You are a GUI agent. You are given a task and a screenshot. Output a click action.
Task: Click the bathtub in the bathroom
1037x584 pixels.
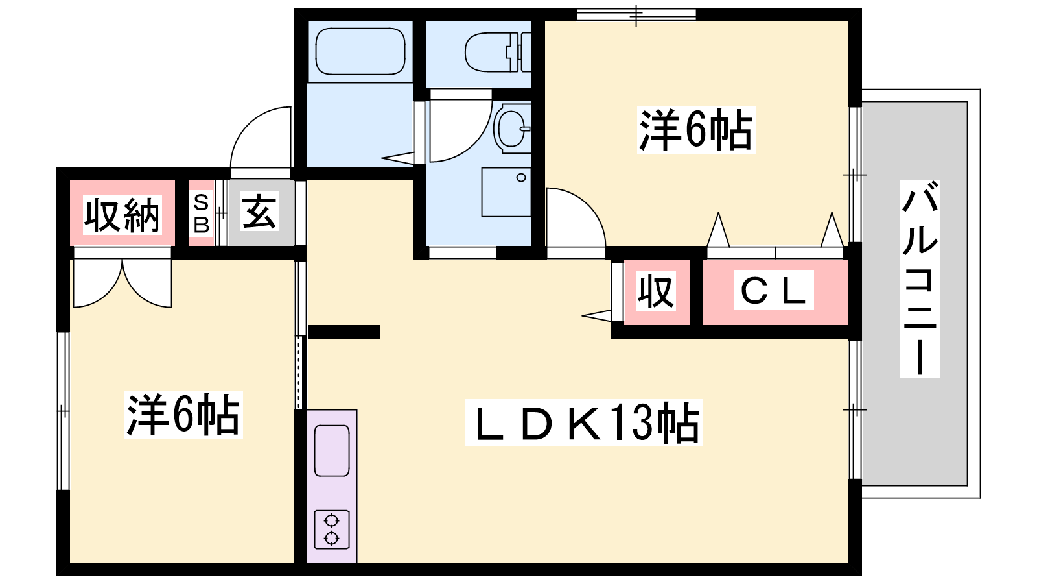coord(360,51)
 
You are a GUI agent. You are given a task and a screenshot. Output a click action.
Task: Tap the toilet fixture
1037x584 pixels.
coord(498,53)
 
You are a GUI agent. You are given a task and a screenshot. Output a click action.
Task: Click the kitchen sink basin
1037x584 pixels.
coord(331,450)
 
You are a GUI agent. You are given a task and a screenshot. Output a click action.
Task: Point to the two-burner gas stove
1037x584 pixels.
coord(331,529)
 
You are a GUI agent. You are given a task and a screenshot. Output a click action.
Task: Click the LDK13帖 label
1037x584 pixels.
coord(584,422)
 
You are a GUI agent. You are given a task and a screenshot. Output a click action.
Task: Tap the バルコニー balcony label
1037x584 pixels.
coord(920,278)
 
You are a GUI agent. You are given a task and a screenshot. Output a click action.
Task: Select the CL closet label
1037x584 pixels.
coord(774,289)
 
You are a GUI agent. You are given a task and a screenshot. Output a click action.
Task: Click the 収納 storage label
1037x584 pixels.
coord(122,215)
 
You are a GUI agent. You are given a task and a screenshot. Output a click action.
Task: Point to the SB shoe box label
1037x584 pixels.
coord(201,213)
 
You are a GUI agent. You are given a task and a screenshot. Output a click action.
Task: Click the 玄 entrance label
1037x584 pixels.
coord(259,212)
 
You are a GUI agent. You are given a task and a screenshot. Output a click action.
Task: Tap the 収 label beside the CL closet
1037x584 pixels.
coord(656,291)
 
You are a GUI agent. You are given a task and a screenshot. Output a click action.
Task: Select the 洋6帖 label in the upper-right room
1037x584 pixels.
coord(696,130)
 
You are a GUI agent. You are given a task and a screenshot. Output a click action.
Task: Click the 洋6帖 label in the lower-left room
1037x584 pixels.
coord(183,415)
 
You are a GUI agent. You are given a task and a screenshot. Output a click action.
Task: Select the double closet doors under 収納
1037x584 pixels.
coord(122,283)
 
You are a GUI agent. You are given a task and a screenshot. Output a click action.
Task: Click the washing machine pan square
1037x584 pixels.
coord(506,192)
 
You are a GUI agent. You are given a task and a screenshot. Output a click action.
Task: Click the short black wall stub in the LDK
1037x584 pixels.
coord(344,332)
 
